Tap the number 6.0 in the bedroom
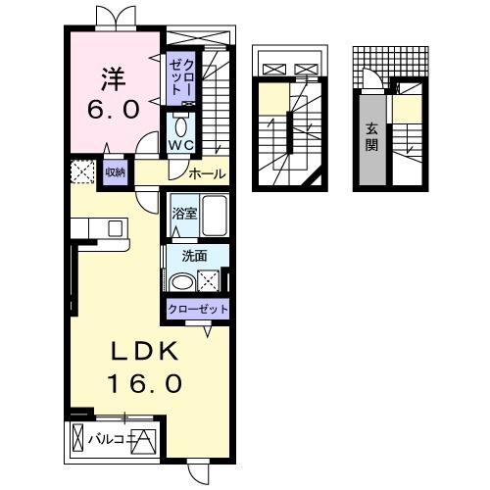(114, 109)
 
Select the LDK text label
(145, 351)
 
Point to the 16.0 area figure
(145, 383)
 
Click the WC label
(181, 145)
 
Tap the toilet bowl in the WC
(180, 126)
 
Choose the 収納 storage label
(115, 172)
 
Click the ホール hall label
(207, 174)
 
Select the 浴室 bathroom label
(184, 214)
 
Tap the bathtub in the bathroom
(215, 216)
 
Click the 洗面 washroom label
(194, 256)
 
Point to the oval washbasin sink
(183, 283)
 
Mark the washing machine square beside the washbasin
(209, 280)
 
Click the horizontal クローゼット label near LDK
(198, 309)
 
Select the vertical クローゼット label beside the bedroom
(182, 77)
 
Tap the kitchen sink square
(116, 228)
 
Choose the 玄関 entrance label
(371, 137)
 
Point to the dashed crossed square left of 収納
(82, 171)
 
